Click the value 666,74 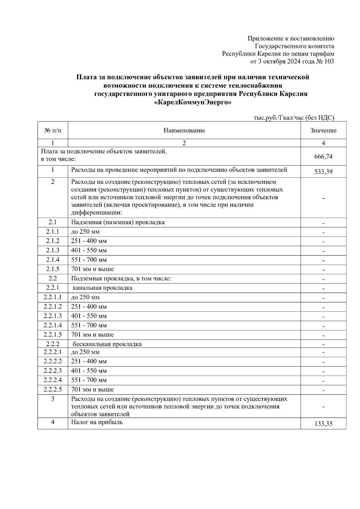pos(323,156)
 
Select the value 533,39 pos(323,172)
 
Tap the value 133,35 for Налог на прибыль pos(323,424)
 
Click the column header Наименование pos(184,130)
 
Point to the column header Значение pos(323,130)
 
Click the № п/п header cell pos(52,130)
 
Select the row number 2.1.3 pos(52,250)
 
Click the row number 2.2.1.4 pos(52,325)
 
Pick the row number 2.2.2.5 pos(52,389)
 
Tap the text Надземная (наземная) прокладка pos(118,222)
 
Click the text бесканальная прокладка pos(107,344)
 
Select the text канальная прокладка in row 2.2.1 pos(103,288)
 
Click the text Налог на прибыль pos(97,422)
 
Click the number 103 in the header pos(329,61)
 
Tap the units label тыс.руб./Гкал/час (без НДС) pos(294,118)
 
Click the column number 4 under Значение pos(323,143)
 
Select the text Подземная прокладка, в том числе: pos(121,278)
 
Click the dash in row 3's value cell pos(323,406)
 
